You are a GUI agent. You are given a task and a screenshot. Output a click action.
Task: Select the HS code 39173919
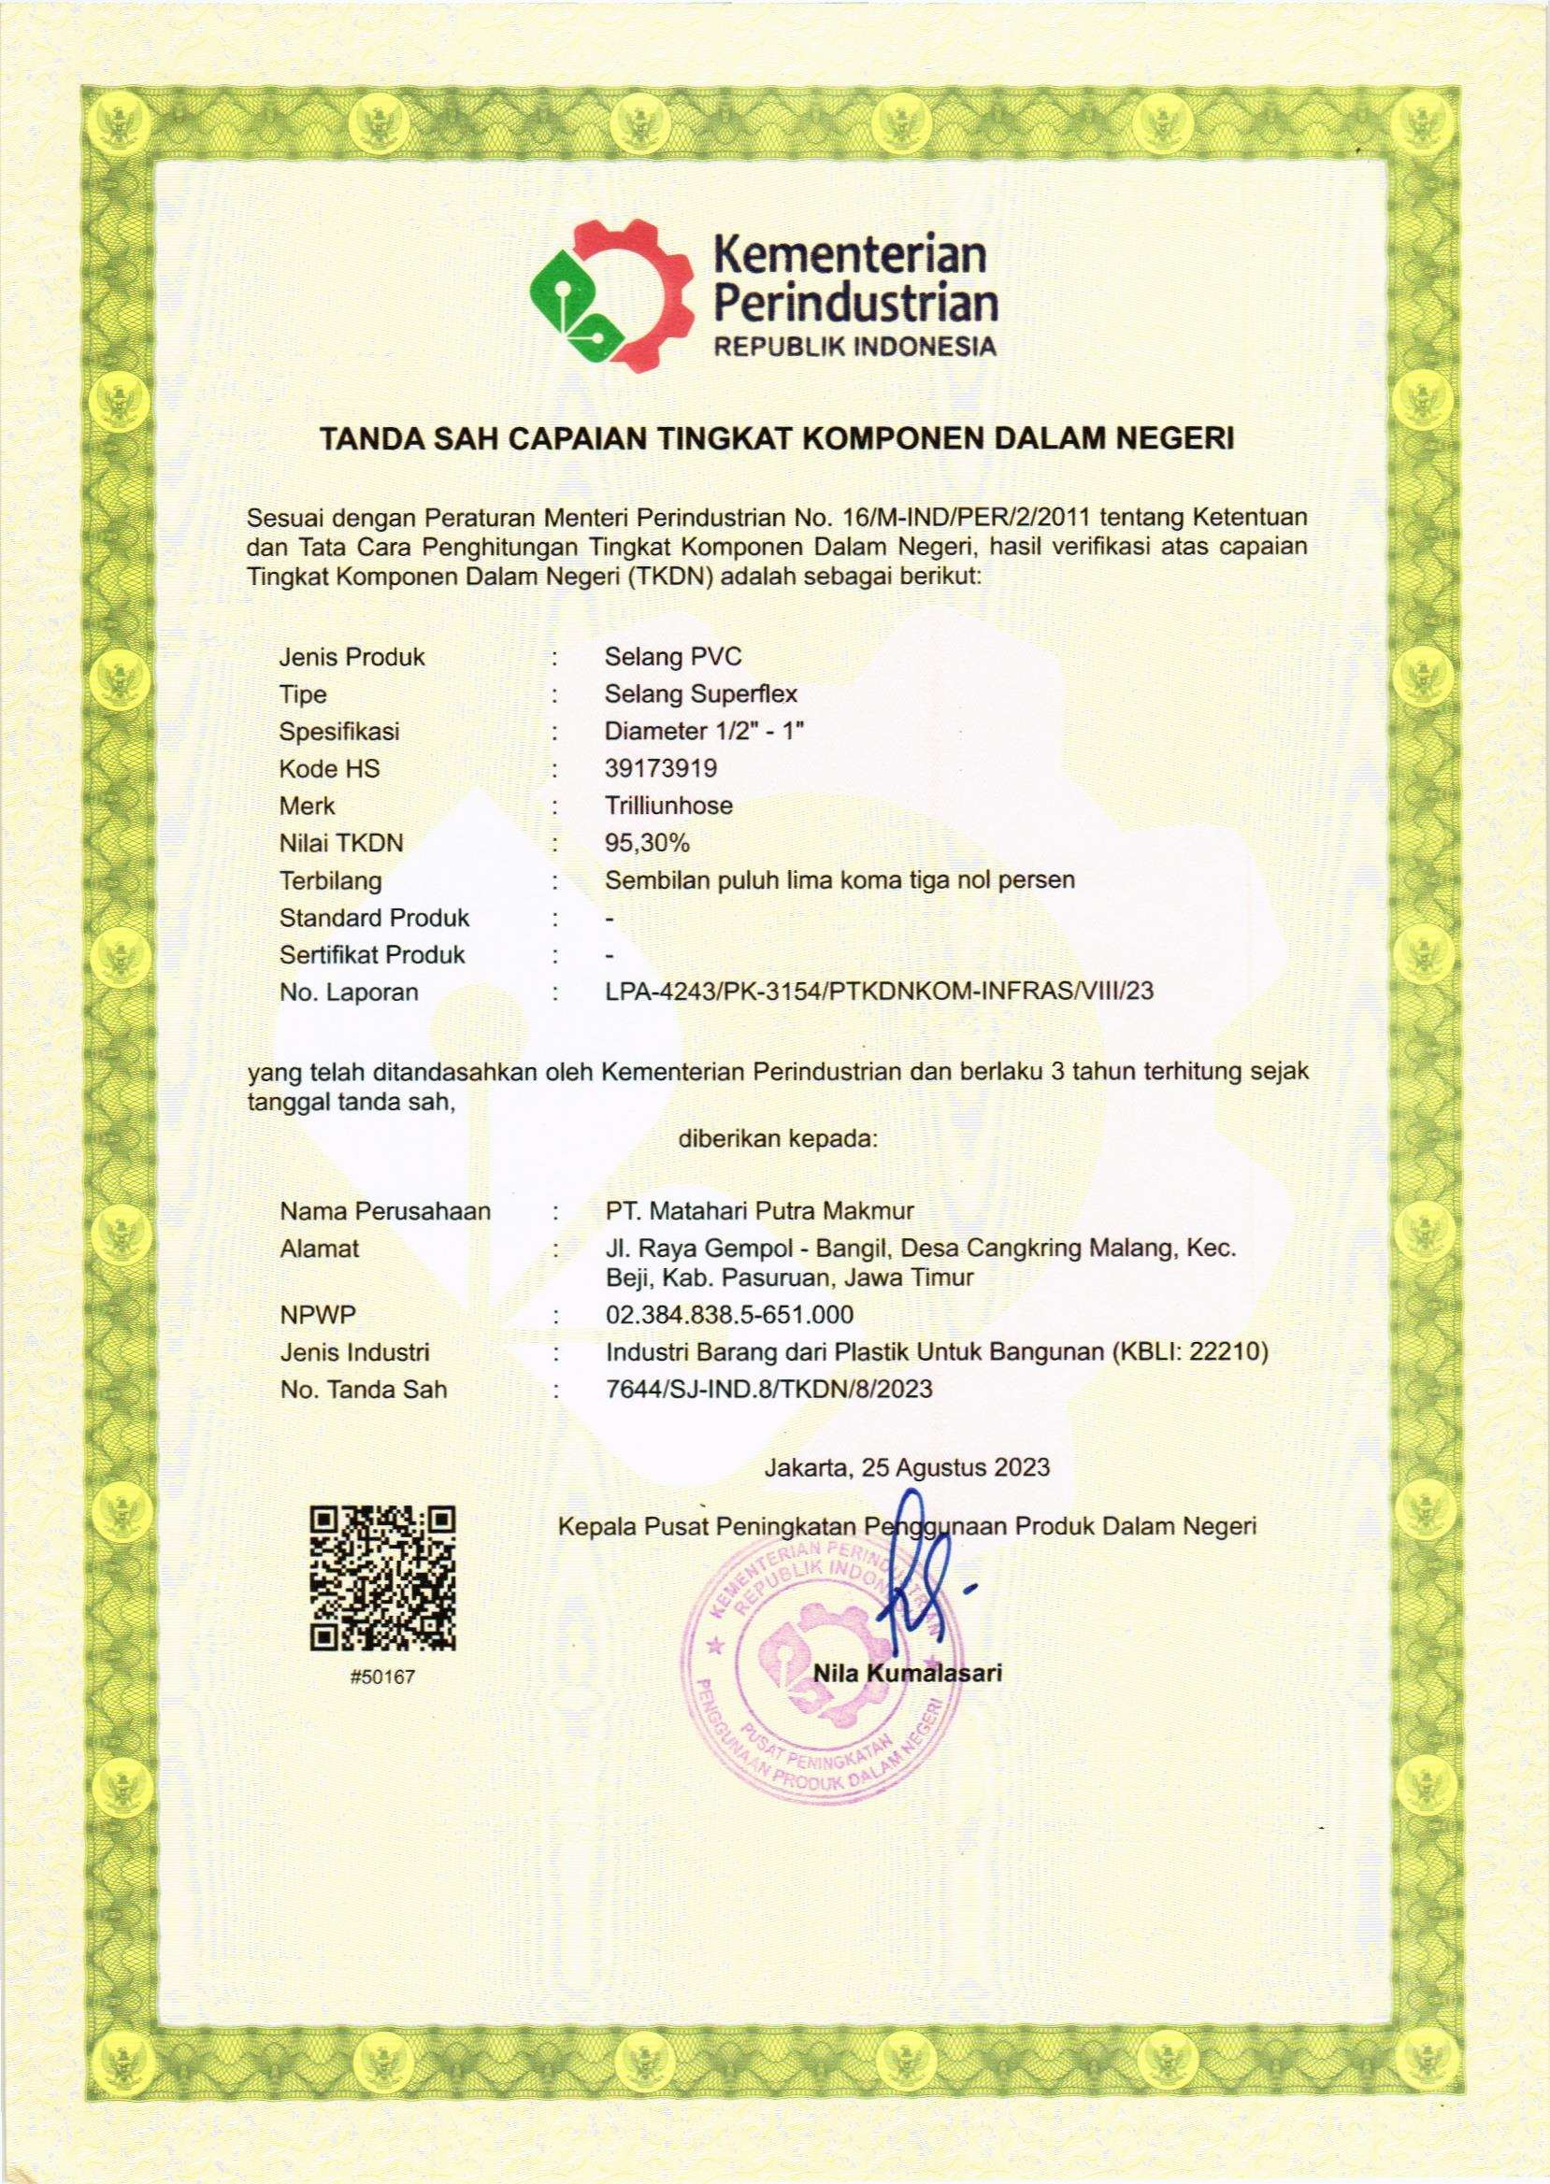tap(659, 769)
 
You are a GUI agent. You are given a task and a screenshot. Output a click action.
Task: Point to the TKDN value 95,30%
tap(646, 844)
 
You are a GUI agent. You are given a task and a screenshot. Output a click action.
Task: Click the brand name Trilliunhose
tap(668, 807)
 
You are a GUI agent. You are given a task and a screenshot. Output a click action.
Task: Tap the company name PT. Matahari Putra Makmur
tap(759, 1212)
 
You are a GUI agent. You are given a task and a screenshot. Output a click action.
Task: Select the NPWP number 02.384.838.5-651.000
tap(729, 1316)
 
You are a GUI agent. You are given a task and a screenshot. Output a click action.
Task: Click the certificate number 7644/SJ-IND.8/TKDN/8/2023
tap(768, 1391)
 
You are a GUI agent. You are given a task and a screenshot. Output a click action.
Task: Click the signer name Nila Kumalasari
tap(907, 1673)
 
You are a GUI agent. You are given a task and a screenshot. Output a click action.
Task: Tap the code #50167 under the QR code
tap(383, 1677)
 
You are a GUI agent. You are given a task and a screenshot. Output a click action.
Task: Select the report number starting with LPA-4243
tap(878, 992)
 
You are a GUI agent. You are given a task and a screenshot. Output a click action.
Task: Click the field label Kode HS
tap(329, 769)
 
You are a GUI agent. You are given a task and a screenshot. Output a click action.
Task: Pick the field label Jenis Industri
tap(354, 1353)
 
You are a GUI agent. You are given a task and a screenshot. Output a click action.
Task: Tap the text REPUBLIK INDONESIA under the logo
tap(855, 347)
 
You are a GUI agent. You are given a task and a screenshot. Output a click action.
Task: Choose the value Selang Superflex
tap(700, 694)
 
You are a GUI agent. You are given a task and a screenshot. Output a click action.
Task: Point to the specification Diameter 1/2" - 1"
tap(705, 732)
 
